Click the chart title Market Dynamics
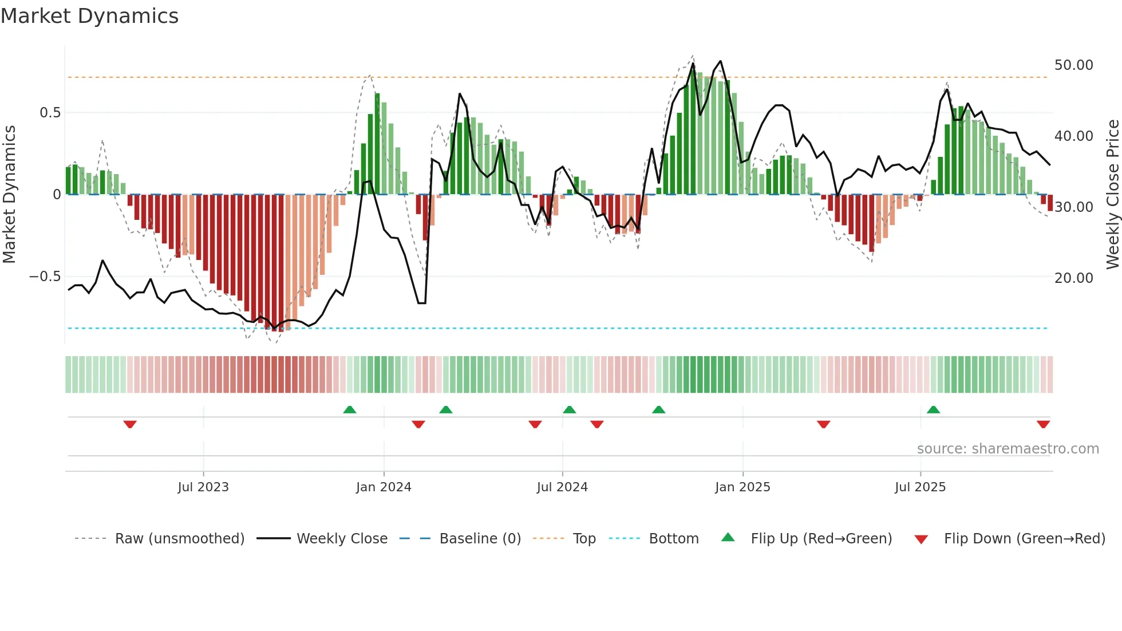point(89,16)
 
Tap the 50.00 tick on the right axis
point(1073,65)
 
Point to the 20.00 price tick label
point(1073,278)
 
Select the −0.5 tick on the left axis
point(45,277)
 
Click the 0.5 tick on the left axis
point(50,113)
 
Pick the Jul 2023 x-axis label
point(203,487)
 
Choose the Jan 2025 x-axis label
point(742,487)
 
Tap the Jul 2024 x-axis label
point(562,487)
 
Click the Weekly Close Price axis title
point(1112,195)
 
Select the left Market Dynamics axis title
point(9,195)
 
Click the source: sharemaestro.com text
point(1008,449)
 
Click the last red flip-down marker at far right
point(1043,424)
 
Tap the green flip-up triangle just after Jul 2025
point(933,409)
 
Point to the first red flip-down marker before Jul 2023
point(130,424)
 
